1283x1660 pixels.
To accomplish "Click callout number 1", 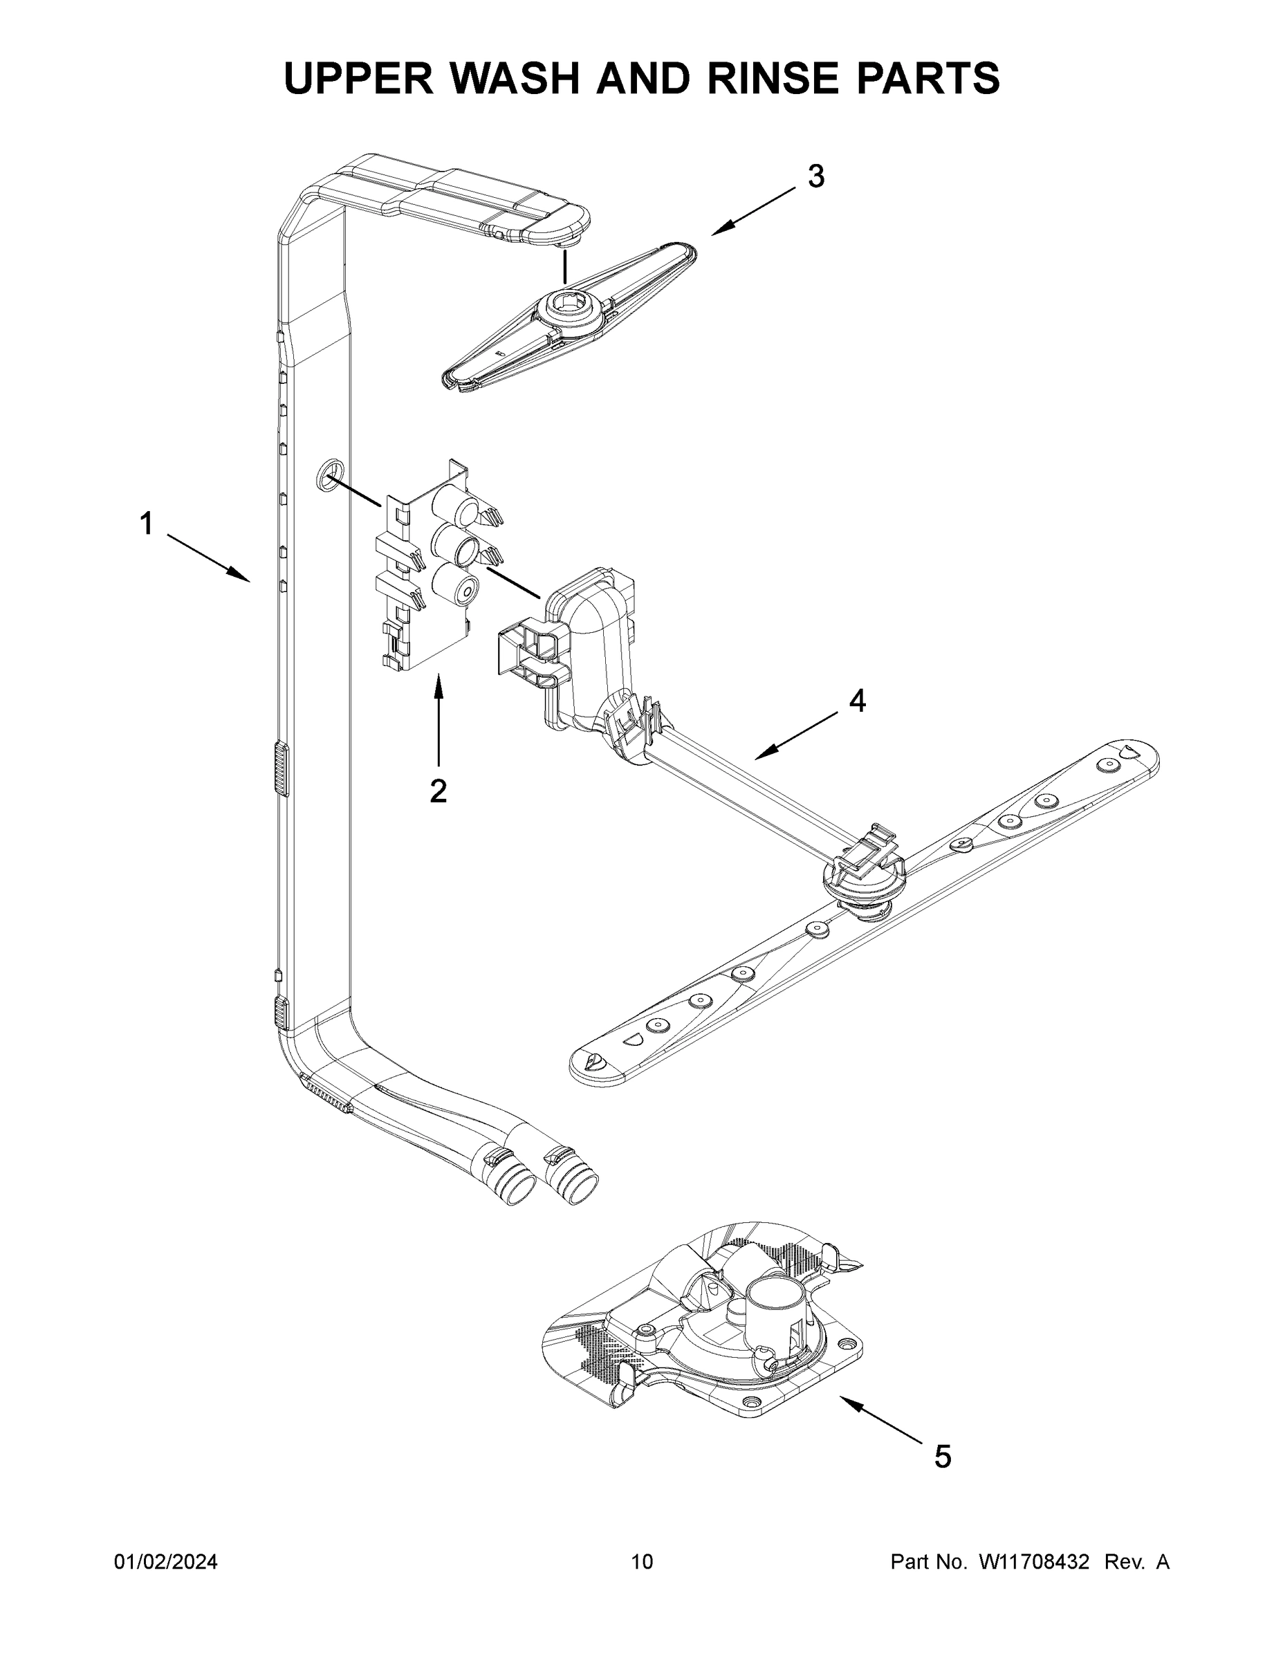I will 146,524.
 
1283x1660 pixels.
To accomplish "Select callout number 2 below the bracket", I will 438,791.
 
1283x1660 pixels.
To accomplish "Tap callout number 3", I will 815,176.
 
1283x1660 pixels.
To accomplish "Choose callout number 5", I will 943,1456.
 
